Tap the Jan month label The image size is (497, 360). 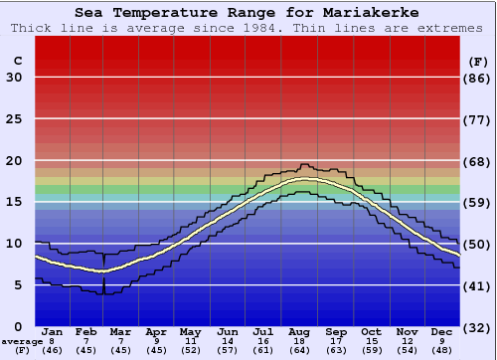(53, 331)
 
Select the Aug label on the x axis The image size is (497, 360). (300, 331)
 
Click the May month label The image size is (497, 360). (190, 331)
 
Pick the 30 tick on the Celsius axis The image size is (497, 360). (14, 79)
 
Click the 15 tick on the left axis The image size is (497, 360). (14, 203)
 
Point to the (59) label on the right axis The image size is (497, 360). (478, 203)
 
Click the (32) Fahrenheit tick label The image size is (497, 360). (478, 327)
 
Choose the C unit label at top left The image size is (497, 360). (16, 61)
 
